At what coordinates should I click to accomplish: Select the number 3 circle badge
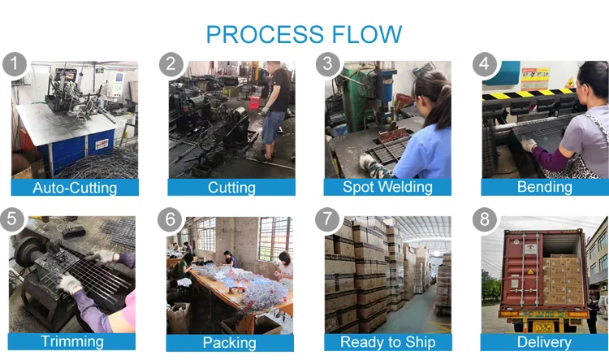[327, 64]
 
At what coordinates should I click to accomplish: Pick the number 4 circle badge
[485, 64]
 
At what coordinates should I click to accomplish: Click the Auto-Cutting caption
[75, 188]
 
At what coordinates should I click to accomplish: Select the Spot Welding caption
[387, 187]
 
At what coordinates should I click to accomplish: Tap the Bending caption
[544, 187]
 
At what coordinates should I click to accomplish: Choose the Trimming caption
[73, 341]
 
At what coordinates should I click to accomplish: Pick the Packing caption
[230, 342]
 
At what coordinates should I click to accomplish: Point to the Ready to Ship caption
[387, 341]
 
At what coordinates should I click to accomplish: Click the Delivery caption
[544, 341]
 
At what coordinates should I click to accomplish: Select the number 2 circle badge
[171, 64]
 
